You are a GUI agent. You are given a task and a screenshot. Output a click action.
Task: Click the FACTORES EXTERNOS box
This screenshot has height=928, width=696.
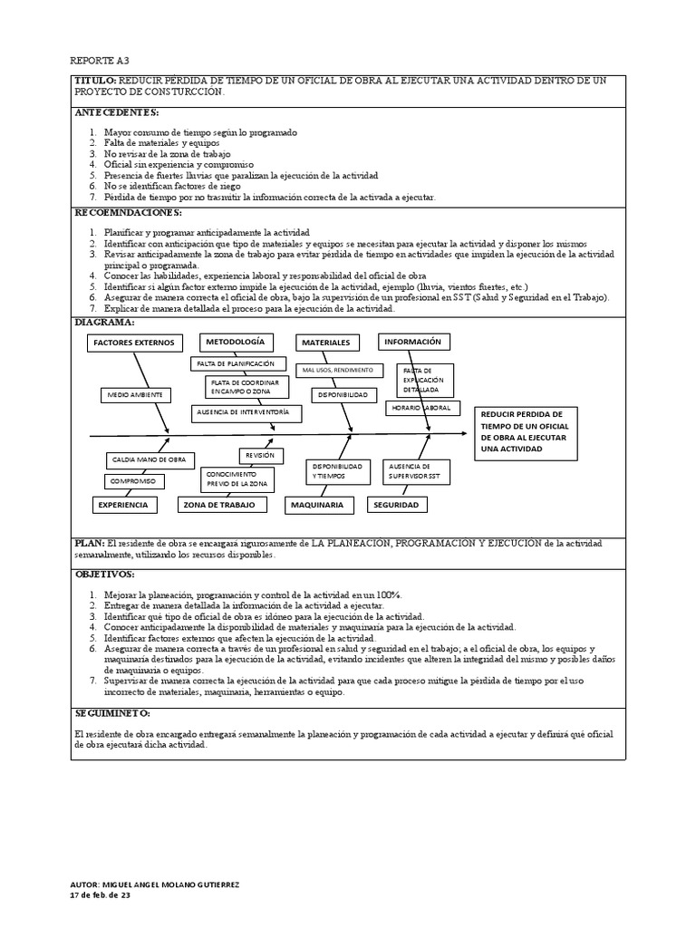click(x=133, y=343)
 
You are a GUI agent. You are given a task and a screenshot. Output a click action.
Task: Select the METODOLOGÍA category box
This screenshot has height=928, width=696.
click(x=235, y=342)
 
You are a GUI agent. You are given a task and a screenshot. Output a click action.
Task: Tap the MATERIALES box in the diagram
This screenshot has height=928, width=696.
click(x=325, y=343)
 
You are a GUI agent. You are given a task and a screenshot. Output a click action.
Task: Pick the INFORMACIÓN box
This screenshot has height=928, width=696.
click(x=412, y=342)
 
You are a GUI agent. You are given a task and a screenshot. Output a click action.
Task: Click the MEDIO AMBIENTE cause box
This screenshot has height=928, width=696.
click(x=135, y=395)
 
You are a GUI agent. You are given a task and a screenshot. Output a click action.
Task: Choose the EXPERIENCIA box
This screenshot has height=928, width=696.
click(x=123, y=505)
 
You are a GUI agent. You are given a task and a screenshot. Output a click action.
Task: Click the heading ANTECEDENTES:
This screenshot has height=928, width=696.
click(x=116, y=113)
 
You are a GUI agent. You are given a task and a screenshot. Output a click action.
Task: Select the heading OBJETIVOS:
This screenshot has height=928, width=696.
click(x=104, y=575)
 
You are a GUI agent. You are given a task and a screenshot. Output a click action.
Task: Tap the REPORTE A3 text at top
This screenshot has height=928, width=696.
click(x=100, y=61)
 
